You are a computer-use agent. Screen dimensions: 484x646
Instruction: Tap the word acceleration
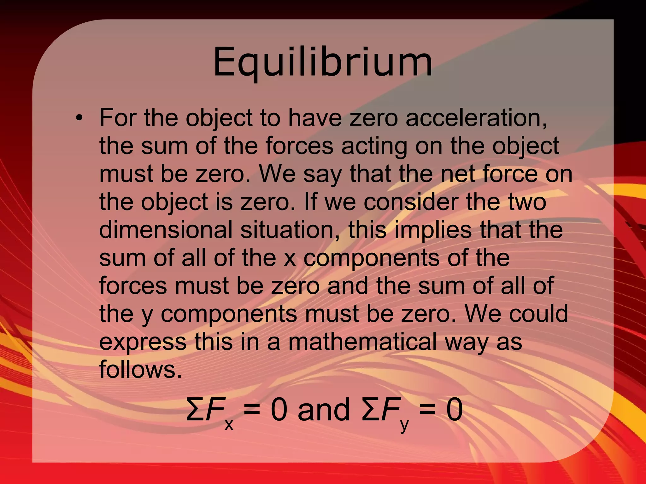476,118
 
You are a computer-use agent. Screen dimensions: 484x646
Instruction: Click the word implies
433,230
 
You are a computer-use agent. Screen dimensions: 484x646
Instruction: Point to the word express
143,342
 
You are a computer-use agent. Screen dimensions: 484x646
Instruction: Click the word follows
140,369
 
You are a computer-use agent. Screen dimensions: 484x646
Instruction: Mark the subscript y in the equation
404,426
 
